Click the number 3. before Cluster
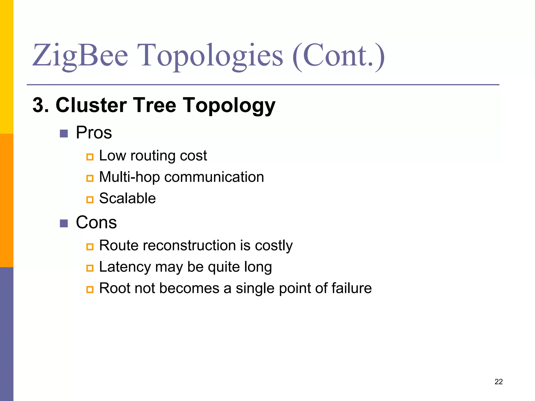41,105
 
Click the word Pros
94,133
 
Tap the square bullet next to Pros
64,134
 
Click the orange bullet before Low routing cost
90,157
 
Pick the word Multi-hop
129,177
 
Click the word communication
214,177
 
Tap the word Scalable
127,198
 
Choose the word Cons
96,222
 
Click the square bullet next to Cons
64,223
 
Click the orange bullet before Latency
90,268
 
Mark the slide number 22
498,382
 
